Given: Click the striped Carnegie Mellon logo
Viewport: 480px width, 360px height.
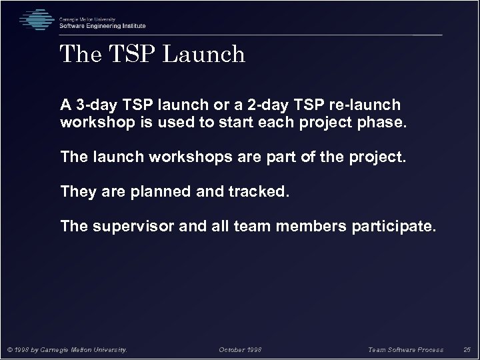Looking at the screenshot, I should [37, 20].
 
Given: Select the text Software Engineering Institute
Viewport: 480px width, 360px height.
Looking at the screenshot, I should [102, 25].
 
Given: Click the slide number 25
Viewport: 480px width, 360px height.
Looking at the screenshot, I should [466, 349].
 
